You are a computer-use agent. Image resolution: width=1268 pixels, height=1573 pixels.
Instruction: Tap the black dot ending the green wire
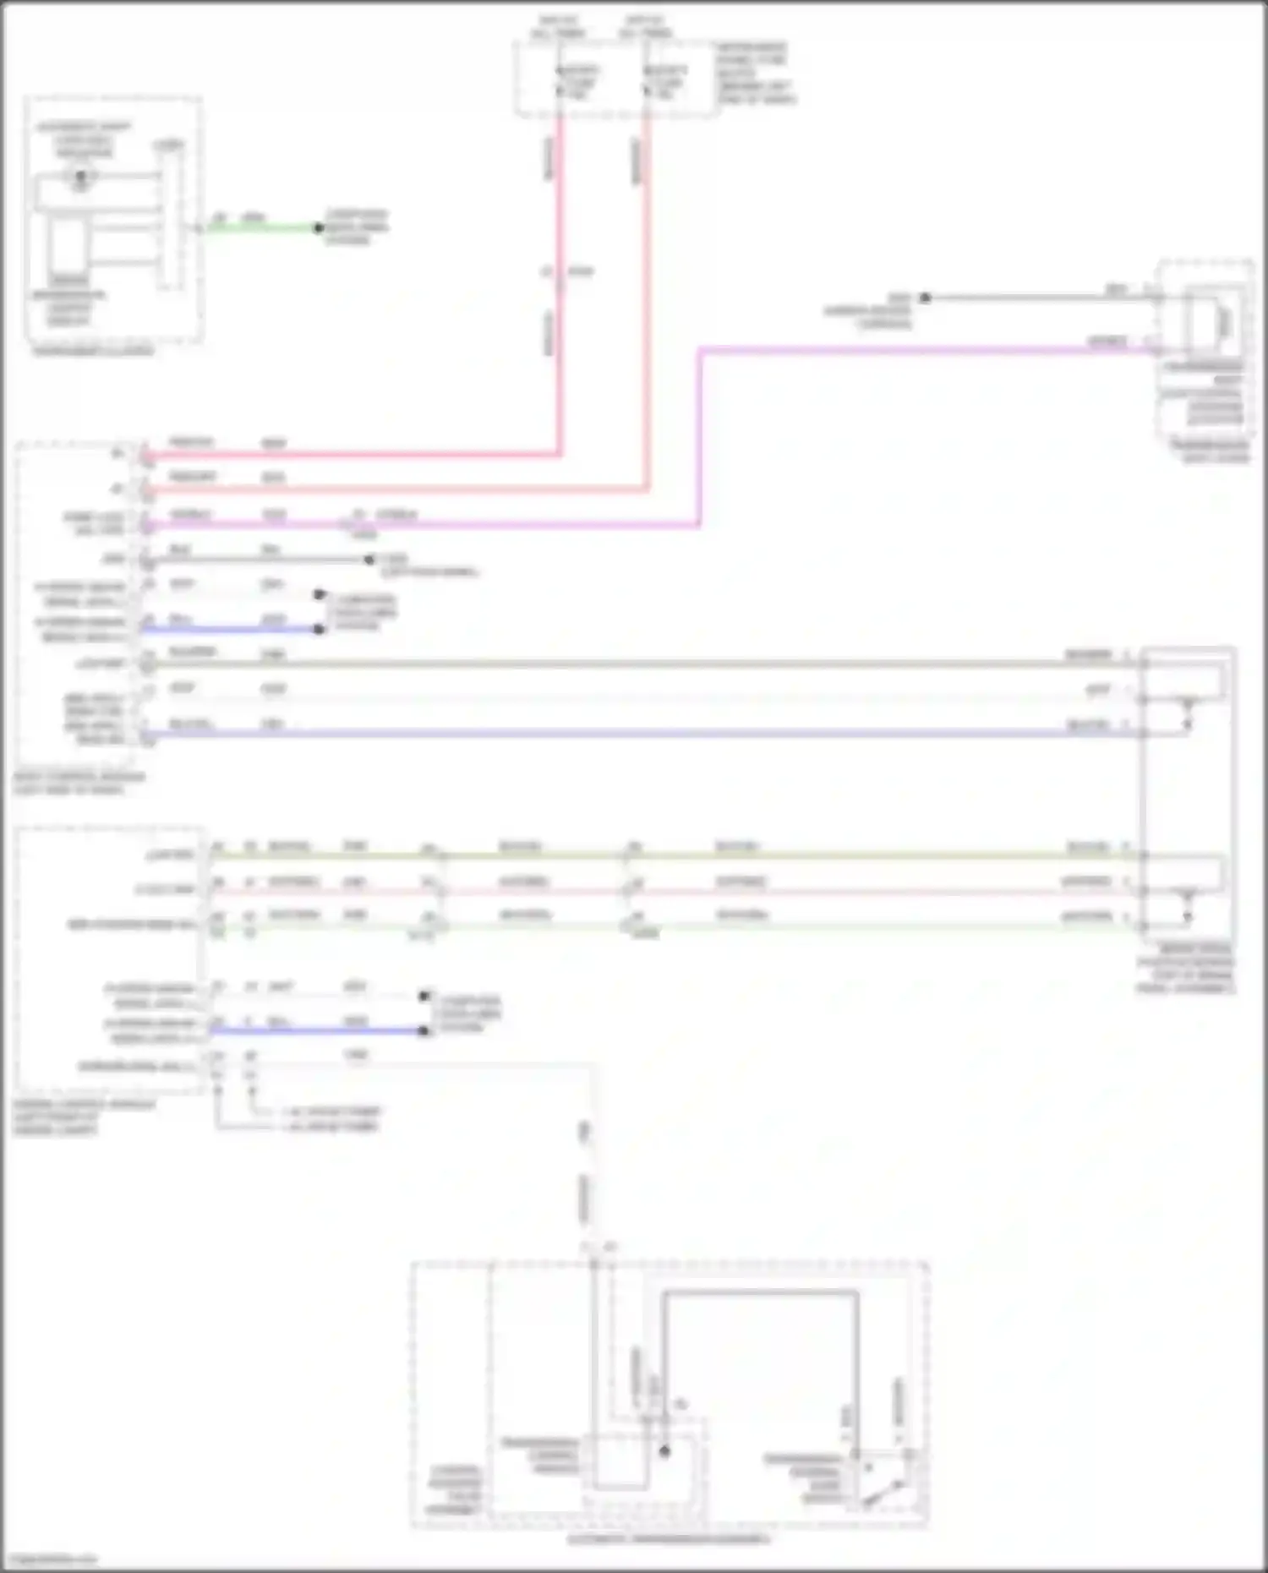pos(319,228)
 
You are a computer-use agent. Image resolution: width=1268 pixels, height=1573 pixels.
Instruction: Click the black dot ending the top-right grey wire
pos(925,298)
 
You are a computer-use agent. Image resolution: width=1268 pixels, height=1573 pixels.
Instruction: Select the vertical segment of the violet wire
pos(700,435)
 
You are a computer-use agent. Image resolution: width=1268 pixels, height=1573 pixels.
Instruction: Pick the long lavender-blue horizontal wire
pos(642,733)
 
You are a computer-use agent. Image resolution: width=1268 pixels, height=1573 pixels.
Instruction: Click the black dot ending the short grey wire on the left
pos(369,560)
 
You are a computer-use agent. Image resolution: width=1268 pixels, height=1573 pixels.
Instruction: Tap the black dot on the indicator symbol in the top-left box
pos(81,177)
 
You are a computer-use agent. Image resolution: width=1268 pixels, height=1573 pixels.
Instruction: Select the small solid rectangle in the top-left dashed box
pos(68,245)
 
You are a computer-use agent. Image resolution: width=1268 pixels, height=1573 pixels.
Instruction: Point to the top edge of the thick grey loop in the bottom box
pos(761,1292)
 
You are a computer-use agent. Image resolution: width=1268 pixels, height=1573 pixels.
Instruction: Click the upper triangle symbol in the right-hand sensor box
pos(1188,701)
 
